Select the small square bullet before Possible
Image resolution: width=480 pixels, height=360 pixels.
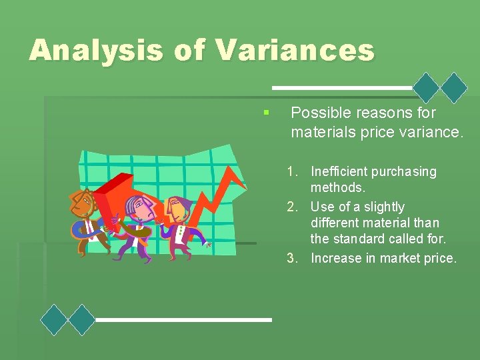pos(266,113)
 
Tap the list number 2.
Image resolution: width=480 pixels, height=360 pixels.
pos(292,207)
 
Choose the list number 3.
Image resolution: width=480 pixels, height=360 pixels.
pos(292,259)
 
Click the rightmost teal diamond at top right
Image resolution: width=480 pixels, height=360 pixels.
pos(455,87)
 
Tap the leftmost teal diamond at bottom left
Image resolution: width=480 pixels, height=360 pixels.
pos(54,319)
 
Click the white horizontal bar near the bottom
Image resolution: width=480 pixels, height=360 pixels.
pos(183,320)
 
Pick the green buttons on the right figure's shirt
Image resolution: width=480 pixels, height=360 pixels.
pos(179,233)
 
